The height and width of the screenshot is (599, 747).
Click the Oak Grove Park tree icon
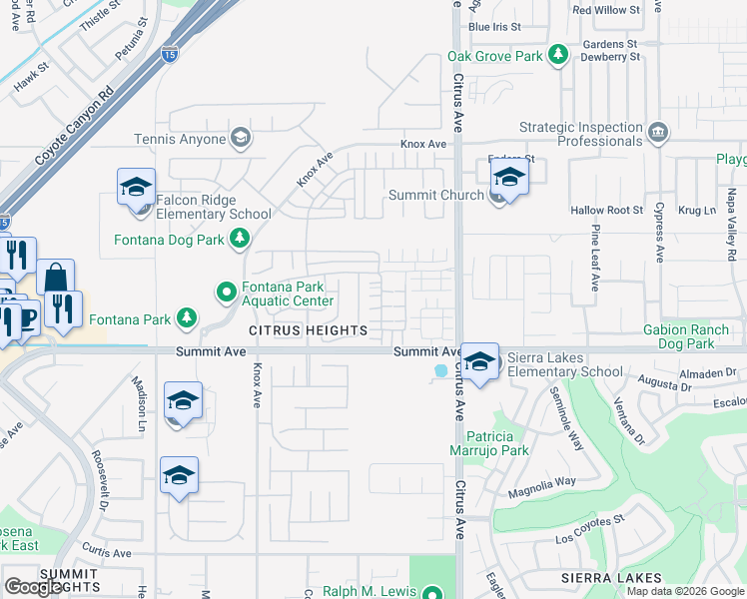pyautogui.click(x=560, y=55)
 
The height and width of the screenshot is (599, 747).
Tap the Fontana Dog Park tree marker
pyautogui.click(x=239, y=238)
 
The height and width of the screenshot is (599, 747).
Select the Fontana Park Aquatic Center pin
pyautogui.click(x=227, y=293)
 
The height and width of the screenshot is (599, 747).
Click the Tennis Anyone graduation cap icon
pyautogui.click(x=240, y=138)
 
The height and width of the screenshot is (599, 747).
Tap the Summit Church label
pyautogui.click(x=435, y=195)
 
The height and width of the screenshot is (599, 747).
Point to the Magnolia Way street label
pyautogui.click(x=542, y=481)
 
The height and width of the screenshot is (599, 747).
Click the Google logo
pyautogui.click(x=33, y=587)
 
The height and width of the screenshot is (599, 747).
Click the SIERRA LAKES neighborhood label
pyautogui.click(x=611, y=578)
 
